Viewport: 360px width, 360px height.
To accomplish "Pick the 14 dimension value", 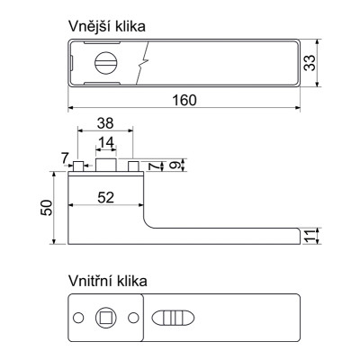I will pyautogui.click(x=105, y=142).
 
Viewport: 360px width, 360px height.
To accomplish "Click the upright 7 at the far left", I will pyautogui.click(x=66, y=159).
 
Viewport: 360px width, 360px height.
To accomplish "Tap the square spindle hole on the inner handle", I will pyautogui.click(x=106, y=318).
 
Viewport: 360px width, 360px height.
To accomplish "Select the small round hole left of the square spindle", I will pyautogui.click(x=79, y=318).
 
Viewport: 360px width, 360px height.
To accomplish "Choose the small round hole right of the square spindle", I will pyautogui.click(x=133, y=318).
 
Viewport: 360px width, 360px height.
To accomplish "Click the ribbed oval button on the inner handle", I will pyautogui.click(x=172, y=318).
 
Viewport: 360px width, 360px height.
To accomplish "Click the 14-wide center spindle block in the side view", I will pyautogui.click(x=105, y=166).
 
